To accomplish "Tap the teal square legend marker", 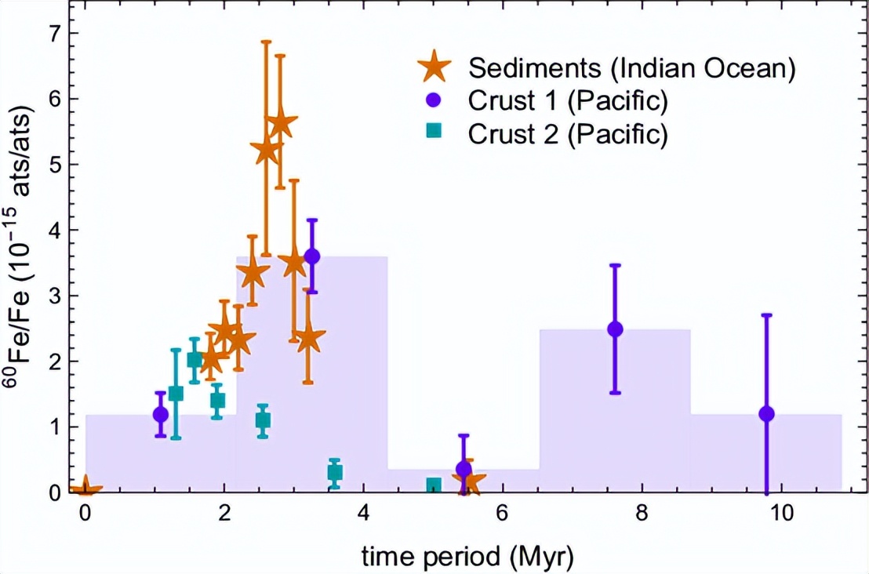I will pos(431,133).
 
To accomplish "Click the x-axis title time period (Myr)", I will pos(467,557).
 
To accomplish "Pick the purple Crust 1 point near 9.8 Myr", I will pos(766,413).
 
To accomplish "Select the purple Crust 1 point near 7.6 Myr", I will pos(615,329).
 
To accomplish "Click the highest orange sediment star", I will pos(281,124).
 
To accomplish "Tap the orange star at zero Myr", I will pos(85,489).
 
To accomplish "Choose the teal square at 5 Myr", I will pos(433,485).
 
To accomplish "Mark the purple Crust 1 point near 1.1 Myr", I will pos(161,414).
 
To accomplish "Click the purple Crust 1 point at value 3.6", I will pos(312,256).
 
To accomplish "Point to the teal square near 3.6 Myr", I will pos(335,472).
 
